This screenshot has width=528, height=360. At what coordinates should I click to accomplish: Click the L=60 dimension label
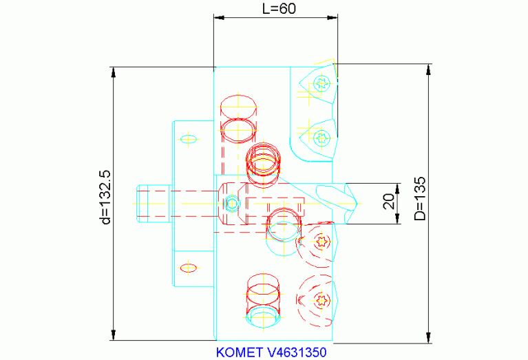[x=279, y=9]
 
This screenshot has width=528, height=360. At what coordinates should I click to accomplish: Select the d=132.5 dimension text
[x=105, y=197]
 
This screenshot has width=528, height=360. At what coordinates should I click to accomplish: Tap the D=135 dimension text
[x=420, y=199]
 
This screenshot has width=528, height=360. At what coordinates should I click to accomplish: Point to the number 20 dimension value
[x=389, y=202]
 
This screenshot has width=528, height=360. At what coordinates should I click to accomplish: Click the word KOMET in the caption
[x=239, y=352]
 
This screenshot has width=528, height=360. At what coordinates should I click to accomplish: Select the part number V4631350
[x=297, y=352]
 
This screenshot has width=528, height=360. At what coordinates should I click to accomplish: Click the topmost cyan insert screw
[x=321, y=83]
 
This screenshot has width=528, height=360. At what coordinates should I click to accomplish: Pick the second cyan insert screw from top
[x=321, y=138]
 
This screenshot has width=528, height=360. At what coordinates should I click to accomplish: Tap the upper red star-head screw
[x=321, y=242]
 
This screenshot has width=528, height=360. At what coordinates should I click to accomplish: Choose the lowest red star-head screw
[x=321, y=299]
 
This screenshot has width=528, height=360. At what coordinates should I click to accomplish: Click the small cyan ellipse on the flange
[x=188, y=139]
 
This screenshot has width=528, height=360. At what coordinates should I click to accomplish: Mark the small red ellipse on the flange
[x=188, y=268]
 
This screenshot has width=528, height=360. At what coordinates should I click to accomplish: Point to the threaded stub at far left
[x=154, y=204]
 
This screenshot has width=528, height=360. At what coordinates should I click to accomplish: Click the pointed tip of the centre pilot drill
[x=357, y=204]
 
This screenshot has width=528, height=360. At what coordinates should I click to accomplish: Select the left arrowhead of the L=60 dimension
[x=219, y=17]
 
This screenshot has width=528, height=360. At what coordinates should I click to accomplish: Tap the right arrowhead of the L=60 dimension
[x=332, y=17]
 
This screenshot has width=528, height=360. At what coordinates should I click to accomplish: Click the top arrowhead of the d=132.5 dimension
[x=114, y=72]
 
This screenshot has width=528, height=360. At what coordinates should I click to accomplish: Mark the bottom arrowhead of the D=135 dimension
[x=428, y=338]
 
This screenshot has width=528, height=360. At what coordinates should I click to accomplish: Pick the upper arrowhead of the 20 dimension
[x=397, y=189]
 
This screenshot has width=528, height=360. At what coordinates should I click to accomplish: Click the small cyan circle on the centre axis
[x=232, y=204]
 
